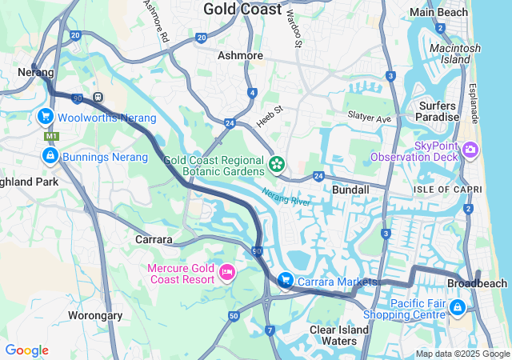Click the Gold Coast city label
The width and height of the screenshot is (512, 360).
point(242,10)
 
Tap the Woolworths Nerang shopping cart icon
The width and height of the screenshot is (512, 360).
point(46,118)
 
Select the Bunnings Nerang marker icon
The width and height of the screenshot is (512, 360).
point(50,157)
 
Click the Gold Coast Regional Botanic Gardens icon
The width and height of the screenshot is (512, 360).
point(277,165)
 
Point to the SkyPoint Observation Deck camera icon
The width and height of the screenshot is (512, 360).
point(470,150)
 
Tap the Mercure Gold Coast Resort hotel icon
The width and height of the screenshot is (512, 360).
point(226,274)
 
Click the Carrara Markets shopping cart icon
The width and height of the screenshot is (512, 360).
point(285,281)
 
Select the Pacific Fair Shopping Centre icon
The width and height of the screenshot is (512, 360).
point(457,306)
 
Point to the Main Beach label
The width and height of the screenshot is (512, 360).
point(439,12)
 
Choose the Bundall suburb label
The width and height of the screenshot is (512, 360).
point(350,190)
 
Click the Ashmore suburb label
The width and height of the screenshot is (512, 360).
point(240,55)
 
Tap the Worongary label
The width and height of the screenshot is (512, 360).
point(95,315)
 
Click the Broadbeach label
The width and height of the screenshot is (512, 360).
point(477,284)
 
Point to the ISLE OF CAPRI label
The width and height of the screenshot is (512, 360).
point(447,189)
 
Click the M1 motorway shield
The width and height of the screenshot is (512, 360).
point(51,137)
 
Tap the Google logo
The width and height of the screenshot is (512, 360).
point(26,350)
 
